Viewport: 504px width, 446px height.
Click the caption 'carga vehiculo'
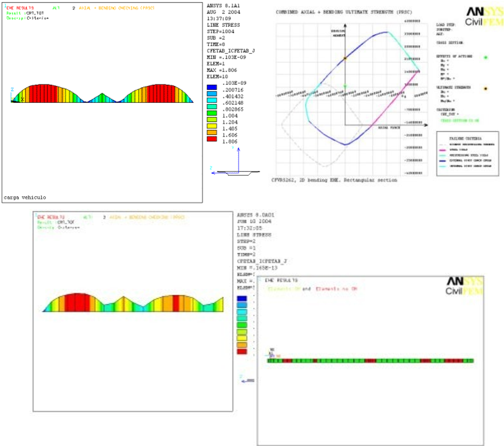tap(25, 197)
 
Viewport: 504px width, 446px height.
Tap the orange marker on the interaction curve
tap(345, 58)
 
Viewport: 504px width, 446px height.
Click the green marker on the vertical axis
tap(345, 86)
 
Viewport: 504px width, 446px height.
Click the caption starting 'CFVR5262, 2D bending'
tap(334, 180)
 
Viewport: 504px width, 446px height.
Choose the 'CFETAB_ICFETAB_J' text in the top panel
tap(231, 51)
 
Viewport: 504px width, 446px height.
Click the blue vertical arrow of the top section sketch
tap(239, 159)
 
